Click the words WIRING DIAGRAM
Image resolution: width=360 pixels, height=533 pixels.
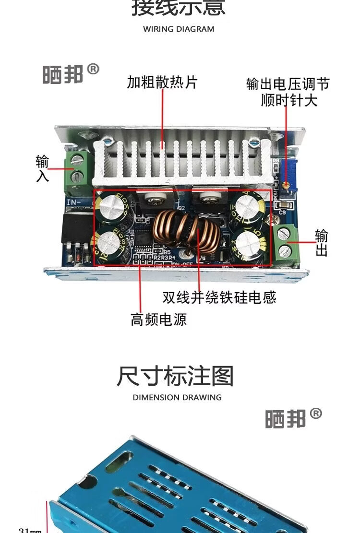[x=179, y=29]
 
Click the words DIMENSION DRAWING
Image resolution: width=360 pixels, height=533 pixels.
[x=177, y=397]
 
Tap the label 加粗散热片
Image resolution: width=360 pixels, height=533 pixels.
[x=162, y=83]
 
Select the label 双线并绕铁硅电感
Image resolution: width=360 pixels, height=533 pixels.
[x=219, y=297]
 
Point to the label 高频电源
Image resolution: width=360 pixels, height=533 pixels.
[x=158, y=320]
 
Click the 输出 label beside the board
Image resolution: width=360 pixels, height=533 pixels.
[x=322, y=243]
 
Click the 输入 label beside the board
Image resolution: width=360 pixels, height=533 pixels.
[x=42, y=168]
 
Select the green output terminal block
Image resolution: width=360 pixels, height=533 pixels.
[x=287, y=243]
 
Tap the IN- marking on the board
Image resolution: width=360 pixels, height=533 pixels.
[x=74, y=203]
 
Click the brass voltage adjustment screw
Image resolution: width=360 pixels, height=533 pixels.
[x=286, y=184]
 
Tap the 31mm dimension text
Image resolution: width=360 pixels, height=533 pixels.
[x=30, y=530]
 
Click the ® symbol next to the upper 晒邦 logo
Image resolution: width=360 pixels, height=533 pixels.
[x=93, y=70]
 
